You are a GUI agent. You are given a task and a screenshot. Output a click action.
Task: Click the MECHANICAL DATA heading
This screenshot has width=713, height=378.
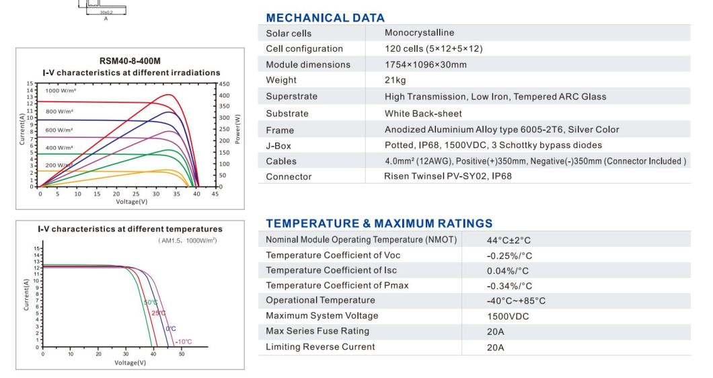click(x=325, y=18)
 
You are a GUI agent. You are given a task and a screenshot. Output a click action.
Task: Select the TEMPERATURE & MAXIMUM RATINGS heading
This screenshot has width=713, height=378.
click(x=379, y=223)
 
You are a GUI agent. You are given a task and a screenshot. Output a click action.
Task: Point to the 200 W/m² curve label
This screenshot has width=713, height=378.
click(x=59, y=165)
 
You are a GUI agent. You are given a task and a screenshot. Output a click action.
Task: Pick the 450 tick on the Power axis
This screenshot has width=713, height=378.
click(x=224, y=84)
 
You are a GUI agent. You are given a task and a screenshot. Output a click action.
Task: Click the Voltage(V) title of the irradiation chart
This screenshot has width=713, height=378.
click(x=131, y=202)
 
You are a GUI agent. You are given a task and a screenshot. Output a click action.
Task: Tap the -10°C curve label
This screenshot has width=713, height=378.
click(x=184, y=342)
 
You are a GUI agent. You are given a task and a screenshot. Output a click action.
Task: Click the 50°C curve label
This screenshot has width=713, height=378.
click(x=150, y=302)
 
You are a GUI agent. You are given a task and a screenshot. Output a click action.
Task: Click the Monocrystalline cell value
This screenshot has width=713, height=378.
click(x=419, y=32)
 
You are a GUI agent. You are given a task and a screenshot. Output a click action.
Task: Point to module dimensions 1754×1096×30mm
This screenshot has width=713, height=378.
click(x=425, y=65)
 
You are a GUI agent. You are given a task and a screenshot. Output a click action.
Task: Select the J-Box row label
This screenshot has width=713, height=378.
click(x=278, y=145)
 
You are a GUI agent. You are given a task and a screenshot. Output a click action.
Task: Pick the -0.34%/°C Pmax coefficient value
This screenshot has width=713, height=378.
click(x=509, y=285)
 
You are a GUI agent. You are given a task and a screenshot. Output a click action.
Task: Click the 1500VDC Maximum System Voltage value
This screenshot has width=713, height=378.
click(x=508, y=316)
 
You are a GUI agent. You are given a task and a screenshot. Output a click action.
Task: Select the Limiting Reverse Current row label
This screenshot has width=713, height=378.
click(x=320, y=347)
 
